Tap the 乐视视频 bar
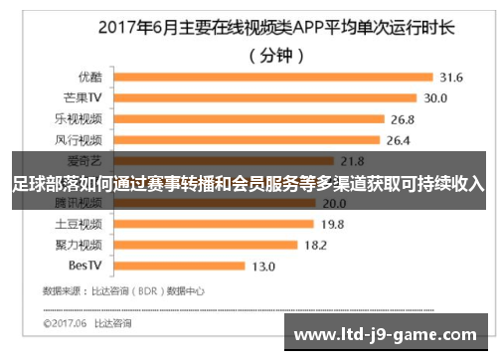[x=247, y=118]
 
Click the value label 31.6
[x=451, y=77]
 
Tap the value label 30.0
[x=436, y=97]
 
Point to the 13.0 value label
[x=263, y=266]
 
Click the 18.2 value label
[x=316, y=244]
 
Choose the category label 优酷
[x=88, y=77]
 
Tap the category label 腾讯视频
[x=80, y=203]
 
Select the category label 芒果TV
[x=82, y=97]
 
